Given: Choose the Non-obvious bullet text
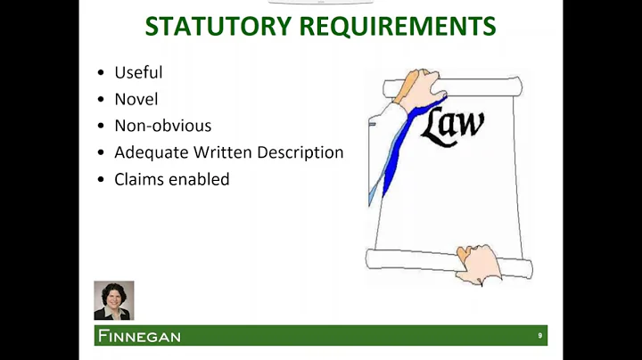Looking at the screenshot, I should click(x=163, y=126).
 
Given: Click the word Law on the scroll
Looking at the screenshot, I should click(x=454, y=127).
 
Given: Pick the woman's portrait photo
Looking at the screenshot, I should click(x=113, y=300).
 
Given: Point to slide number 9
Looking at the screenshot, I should click(x=539, y=336).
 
